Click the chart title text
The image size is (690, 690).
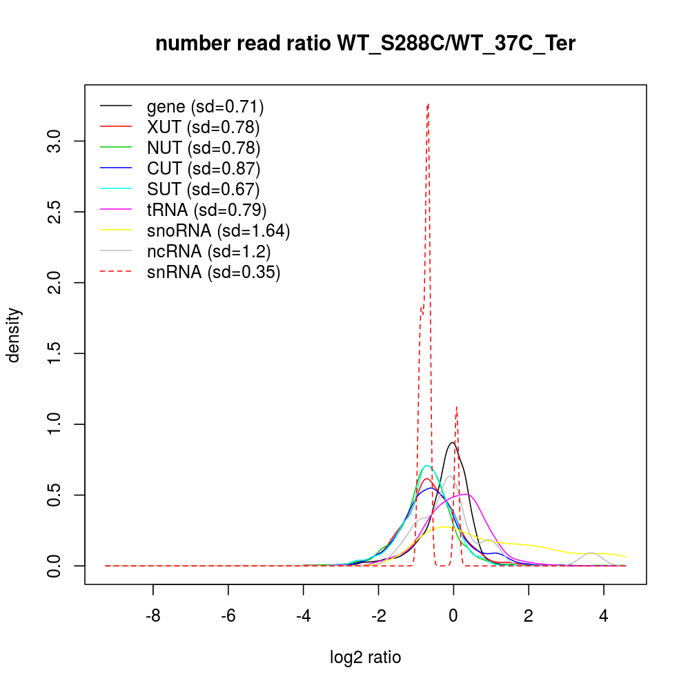365,44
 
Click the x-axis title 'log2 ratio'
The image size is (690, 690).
365,657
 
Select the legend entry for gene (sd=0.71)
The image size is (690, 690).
205,106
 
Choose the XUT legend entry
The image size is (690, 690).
203,127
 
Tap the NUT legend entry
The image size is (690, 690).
203,148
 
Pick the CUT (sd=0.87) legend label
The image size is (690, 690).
203,168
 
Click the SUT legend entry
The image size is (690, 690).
203,189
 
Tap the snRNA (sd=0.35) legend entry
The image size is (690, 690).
213,272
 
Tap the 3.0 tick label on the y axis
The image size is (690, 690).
55,141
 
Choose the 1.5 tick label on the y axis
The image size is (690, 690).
55,354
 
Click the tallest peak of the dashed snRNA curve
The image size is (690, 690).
428,105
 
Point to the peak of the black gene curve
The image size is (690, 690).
452,443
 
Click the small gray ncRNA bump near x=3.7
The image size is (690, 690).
591,553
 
